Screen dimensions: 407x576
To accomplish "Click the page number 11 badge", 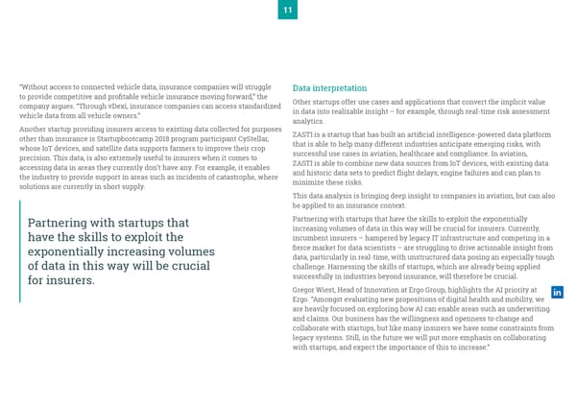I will tap(288, 10).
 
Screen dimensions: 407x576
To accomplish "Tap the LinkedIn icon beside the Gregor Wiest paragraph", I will tap(558, 293).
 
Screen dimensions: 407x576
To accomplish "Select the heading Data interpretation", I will tap(329, 87).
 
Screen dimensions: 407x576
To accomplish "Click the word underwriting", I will tap(526, 309).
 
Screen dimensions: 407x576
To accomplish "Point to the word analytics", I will tap(308, 122).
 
